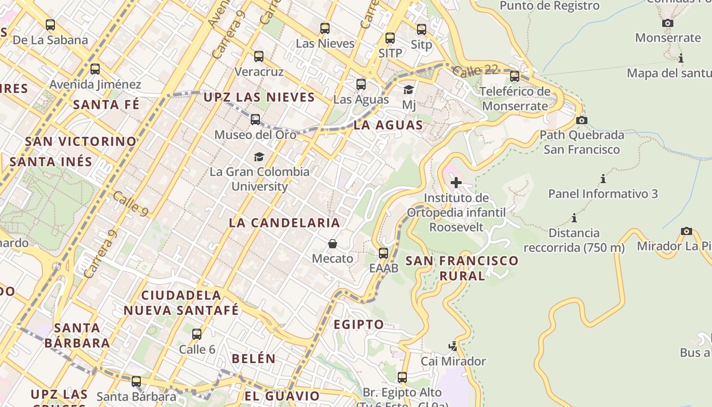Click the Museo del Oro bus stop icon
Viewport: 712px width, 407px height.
(x=255, y=120)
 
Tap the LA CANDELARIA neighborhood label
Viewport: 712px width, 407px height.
(x=284, y=223)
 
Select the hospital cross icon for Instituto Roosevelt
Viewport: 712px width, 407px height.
(x=456, y=183)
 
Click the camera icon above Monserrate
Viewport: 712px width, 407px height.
(x=668, y=23)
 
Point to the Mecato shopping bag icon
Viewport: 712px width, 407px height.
(x=333, y=244)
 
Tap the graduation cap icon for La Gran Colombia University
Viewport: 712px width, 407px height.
(x=259, y=157)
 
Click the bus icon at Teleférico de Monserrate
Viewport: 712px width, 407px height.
(x=515, y=76)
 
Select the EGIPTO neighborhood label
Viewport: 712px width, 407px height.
(x=359, y=325)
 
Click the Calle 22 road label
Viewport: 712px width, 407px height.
(x=474, y=70)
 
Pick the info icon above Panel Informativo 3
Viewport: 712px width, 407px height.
(x=603, y=179)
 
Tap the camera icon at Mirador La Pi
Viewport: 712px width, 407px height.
(x=687, y=231)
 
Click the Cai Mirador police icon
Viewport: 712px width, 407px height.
(x=453, y=346)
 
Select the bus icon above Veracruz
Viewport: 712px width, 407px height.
(x=259, y=56)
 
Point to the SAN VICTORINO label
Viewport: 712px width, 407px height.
(x=81, y=141)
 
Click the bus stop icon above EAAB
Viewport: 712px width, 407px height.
(x=383, y=253)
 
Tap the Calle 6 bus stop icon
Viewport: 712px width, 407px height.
(x=197, y=334)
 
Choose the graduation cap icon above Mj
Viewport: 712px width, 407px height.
(x=408, y=90)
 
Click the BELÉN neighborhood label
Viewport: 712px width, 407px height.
(x=254, y=359)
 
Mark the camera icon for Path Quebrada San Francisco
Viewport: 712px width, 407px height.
(x=582, y=120)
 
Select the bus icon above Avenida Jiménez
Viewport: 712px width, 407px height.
(x=95, y=69)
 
